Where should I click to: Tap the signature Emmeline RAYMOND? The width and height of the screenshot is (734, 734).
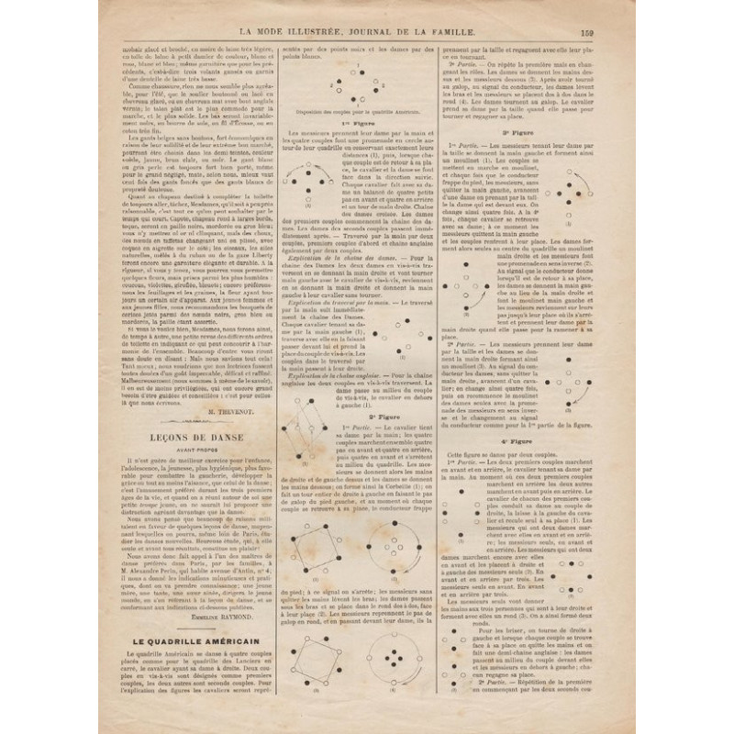(x=231, y=618)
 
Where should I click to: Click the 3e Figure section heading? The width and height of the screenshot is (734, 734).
(x=512, y=133)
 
